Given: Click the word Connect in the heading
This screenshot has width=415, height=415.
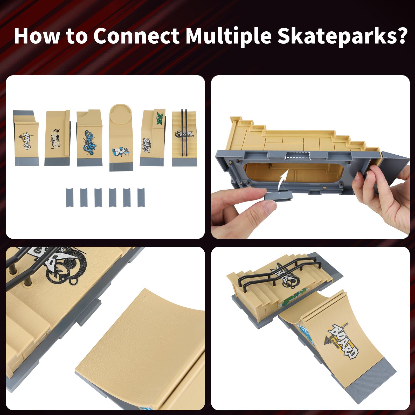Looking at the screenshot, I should (x=136, y=36).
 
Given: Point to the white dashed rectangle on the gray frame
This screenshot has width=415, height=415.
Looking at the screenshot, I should (x=298, y=156).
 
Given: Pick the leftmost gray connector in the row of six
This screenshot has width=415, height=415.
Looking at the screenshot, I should (x=69, y=198).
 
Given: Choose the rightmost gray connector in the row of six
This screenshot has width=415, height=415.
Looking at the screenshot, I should (x=141, y=198).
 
